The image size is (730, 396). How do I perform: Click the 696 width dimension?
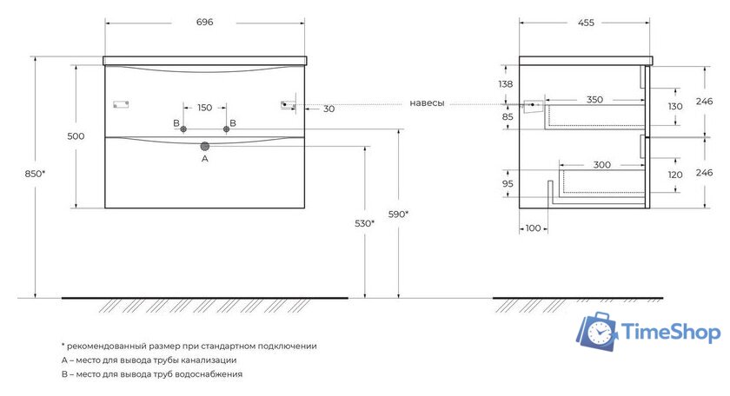coord(205,23)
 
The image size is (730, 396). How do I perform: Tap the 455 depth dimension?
coord(586,23)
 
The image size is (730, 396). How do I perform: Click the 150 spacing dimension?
coord(204,108)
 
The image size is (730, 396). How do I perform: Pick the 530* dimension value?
coord(365,223)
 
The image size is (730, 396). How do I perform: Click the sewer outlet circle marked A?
coord(205,146)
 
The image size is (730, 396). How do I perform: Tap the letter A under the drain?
coord(205,159)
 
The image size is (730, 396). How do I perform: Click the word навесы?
coord(427,103)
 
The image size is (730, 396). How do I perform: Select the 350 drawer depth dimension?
coord(594,100)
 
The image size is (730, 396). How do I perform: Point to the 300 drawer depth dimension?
coord(601,164)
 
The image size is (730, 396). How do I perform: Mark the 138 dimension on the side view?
coord(507,84)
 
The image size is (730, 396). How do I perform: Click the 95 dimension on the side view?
coord(507,184)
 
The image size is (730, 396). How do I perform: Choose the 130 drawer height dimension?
coord(674,106)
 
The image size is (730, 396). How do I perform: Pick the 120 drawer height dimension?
coord(674,174)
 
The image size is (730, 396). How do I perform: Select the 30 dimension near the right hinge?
coord(328,109)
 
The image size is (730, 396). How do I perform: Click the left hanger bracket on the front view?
coord(121,105)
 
